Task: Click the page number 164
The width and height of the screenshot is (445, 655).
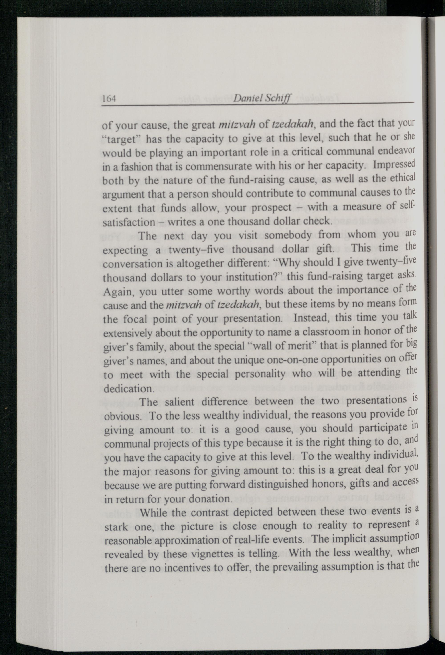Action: coord(109,99)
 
